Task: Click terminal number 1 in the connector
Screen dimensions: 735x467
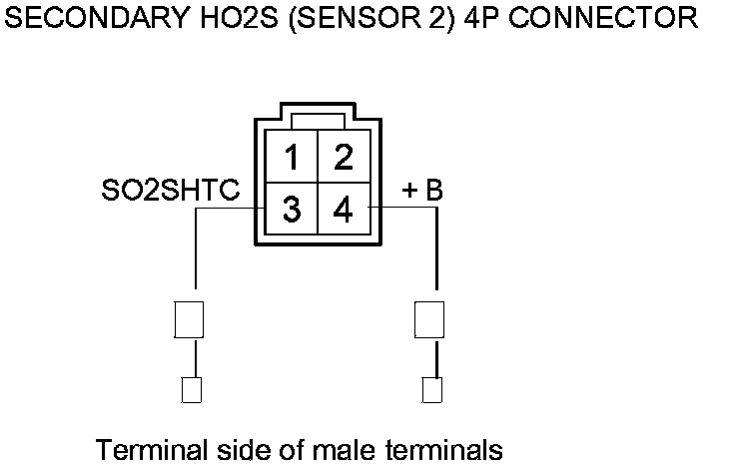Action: [291, 159]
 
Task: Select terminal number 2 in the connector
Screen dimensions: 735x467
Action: [343, 159]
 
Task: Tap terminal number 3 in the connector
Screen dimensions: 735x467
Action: [291, 211]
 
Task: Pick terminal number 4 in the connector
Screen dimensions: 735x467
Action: [343, 211]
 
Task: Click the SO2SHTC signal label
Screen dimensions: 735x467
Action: [171, 191]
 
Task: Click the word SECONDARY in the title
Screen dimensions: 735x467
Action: [75, 18]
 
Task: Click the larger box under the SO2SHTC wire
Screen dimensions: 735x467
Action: [190, 320]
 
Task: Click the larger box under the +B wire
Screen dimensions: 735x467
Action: [428, 320]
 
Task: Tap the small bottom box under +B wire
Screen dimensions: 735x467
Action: [431, 389]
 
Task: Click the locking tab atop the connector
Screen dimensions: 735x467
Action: [317, 121]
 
